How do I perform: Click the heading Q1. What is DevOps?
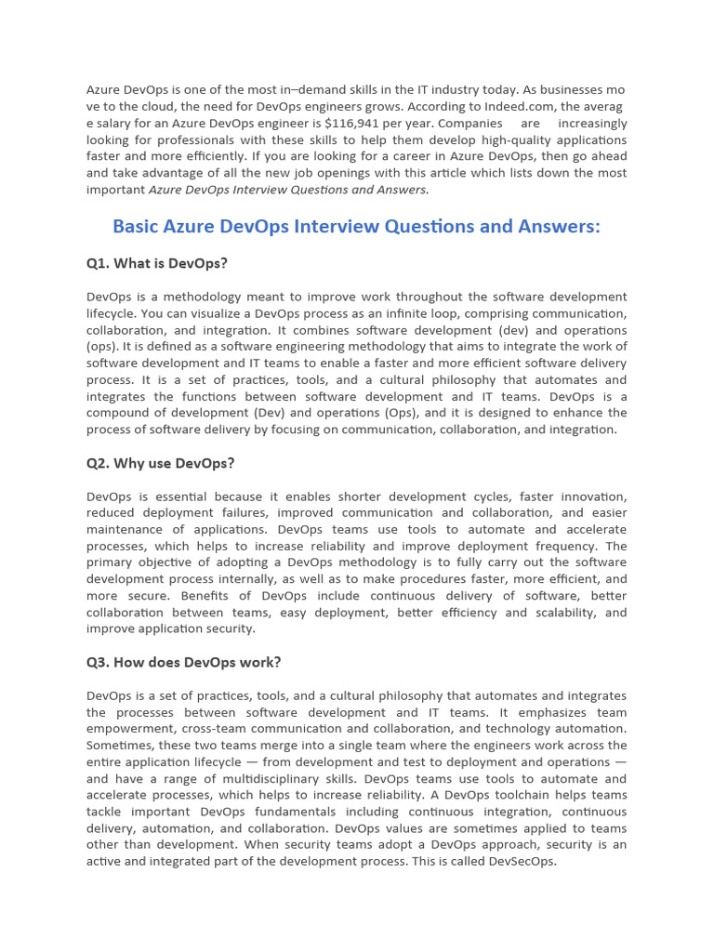pos(156,263)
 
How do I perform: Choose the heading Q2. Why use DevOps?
pos(160,463)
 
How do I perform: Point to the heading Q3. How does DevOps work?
pos(183,662)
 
